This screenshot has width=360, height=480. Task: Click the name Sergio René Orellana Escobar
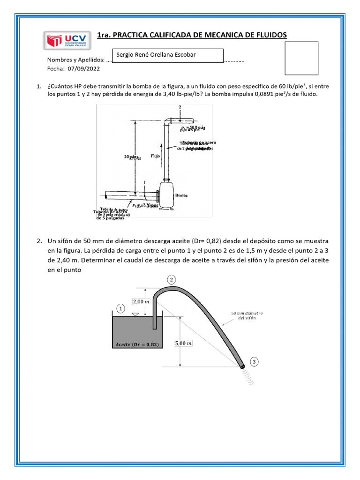(156, 55)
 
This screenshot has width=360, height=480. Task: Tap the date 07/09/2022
(84, 68)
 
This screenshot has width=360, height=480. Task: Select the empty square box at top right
(301, 58)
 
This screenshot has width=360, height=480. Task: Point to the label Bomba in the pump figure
(181, 195)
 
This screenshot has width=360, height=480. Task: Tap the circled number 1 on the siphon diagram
(120, 309)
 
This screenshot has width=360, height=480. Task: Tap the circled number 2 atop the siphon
(172, 280)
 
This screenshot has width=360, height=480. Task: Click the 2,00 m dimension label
(141, 301)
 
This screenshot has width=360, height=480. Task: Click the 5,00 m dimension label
(182, 343)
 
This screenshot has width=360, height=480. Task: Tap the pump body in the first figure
(166, 194)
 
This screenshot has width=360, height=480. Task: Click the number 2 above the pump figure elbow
(180, 107)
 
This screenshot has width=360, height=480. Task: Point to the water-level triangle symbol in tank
(135, 315)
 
